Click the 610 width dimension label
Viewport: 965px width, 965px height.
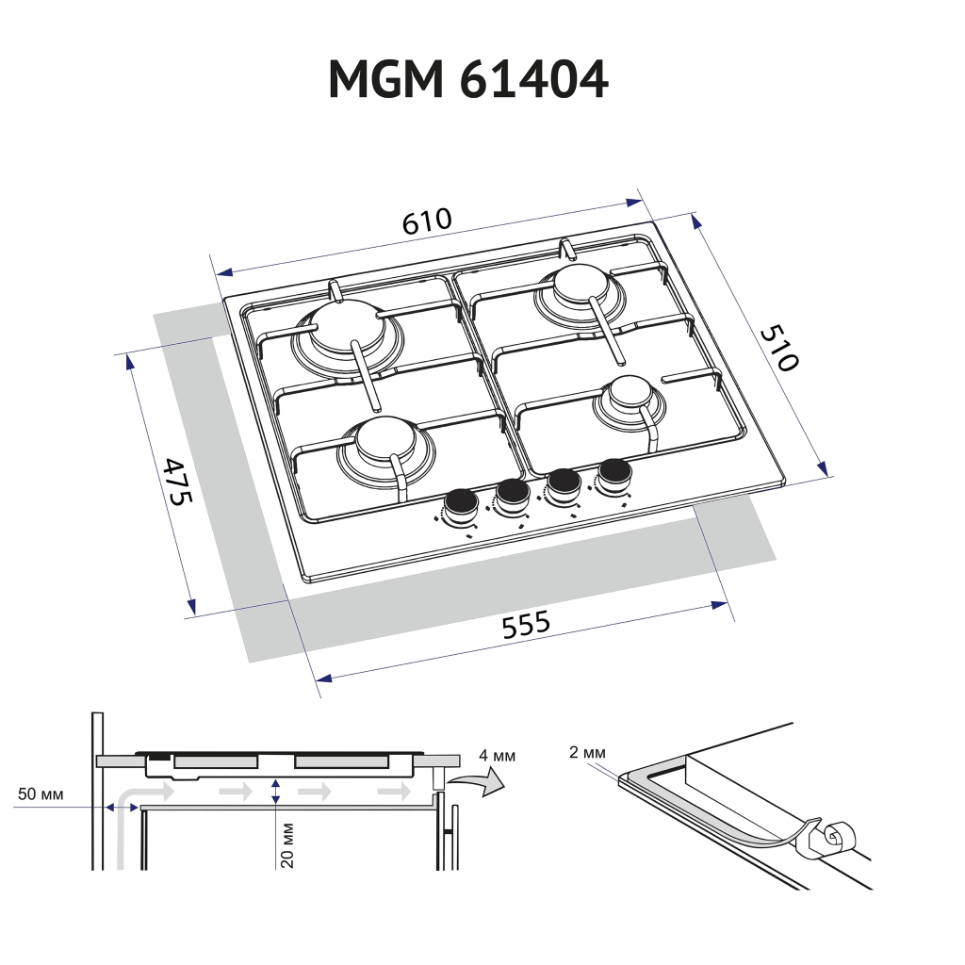pyautogui.click(x=427, y=221)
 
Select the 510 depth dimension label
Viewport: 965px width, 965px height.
pyautogui.click(x=779, y=348)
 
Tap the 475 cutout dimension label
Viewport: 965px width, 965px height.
pyautogui.click(x=176, y=481)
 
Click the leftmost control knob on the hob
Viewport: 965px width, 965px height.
pyautogui.click(x=461, y=504)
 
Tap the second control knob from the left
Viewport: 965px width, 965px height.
pyautogui.click(x=513, y=493)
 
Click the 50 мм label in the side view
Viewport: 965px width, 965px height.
pyautogui.click(x=41, y=794)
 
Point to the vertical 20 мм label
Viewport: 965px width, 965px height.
pyautogui.click(x=287, y=845)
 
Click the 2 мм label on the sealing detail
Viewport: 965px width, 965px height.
pyautogui.click(x=587, y=751)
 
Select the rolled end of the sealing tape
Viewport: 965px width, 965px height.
pyautogui.click(x=835, y=836)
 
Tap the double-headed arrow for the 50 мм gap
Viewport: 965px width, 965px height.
pyautogui.click(x=122, y=807)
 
